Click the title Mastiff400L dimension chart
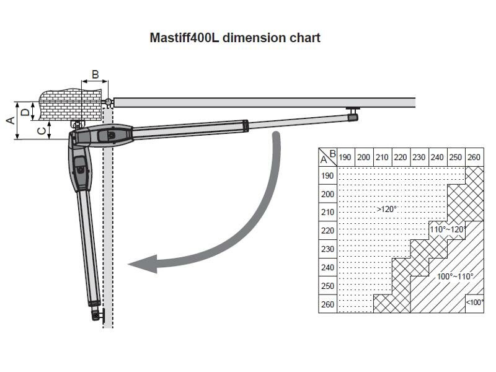235,38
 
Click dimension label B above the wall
95,74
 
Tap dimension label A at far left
11,120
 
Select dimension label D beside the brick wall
25,112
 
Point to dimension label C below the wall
42,130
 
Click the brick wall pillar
71,104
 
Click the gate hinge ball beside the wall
108,102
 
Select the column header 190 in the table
345,157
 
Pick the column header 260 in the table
474,157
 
